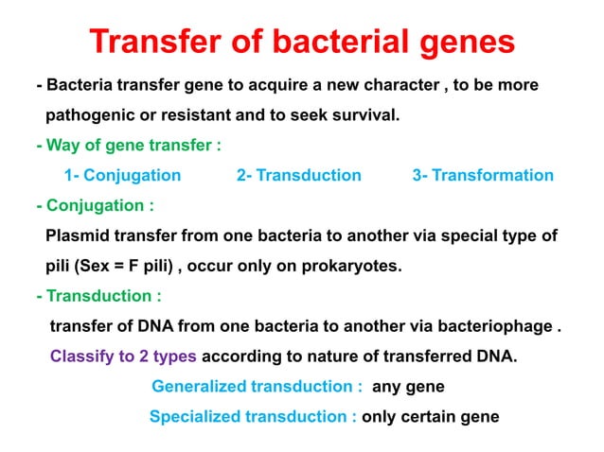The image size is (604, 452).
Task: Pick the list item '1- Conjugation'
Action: point(122,175)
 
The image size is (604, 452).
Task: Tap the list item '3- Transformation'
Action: point(483,175)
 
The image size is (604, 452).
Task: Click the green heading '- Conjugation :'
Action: point(95,205)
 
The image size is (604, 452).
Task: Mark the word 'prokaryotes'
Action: point(355,266)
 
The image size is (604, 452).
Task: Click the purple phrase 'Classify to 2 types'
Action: point(123,357)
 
